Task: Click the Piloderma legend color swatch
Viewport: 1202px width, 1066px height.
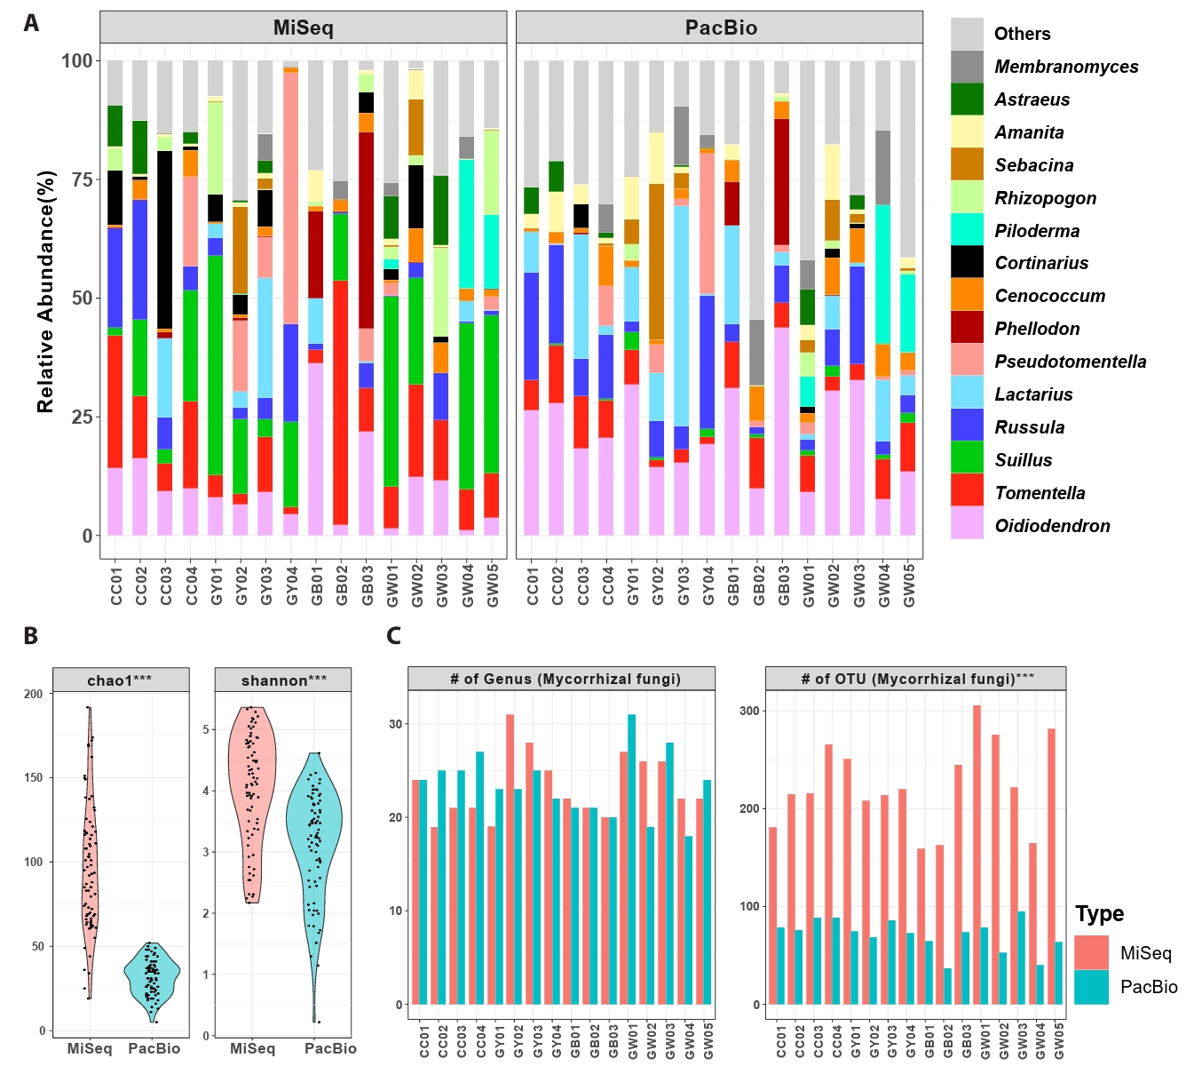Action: [x=967, y=230]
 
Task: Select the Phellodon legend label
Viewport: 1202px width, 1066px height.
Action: [x=1037, y=329]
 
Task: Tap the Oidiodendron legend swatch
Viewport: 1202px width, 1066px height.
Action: [x=967, y=523]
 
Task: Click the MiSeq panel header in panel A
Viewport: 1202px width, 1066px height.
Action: [x=303, y=28]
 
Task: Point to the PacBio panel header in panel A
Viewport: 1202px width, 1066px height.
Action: [x=720, y=28]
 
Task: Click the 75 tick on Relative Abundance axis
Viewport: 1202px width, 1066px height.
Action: [x=82, y=179]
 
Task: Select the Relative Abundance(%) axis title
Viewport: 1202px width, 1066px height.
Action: [x=45, y=291]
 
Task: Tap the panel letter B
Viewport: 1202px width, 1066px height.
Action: [x=31, y=636]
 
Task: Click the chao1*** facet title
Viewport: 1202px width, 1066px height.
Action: [x=120, y=680]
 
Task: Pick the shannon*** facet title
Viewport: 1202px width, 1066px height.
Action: [x=284, y=680]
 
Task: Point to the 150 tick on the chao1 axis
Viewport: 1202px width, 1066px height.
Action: [x=34, y=777]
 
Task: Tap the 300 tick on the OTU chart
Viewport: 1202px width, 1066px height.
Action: [x=749, y=711]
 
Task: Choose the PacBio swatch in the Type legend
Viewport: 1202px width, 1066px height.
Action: [x=1091, y=987]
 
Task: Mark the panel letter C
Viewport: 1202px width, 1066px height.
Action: [x=393, y=636]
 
